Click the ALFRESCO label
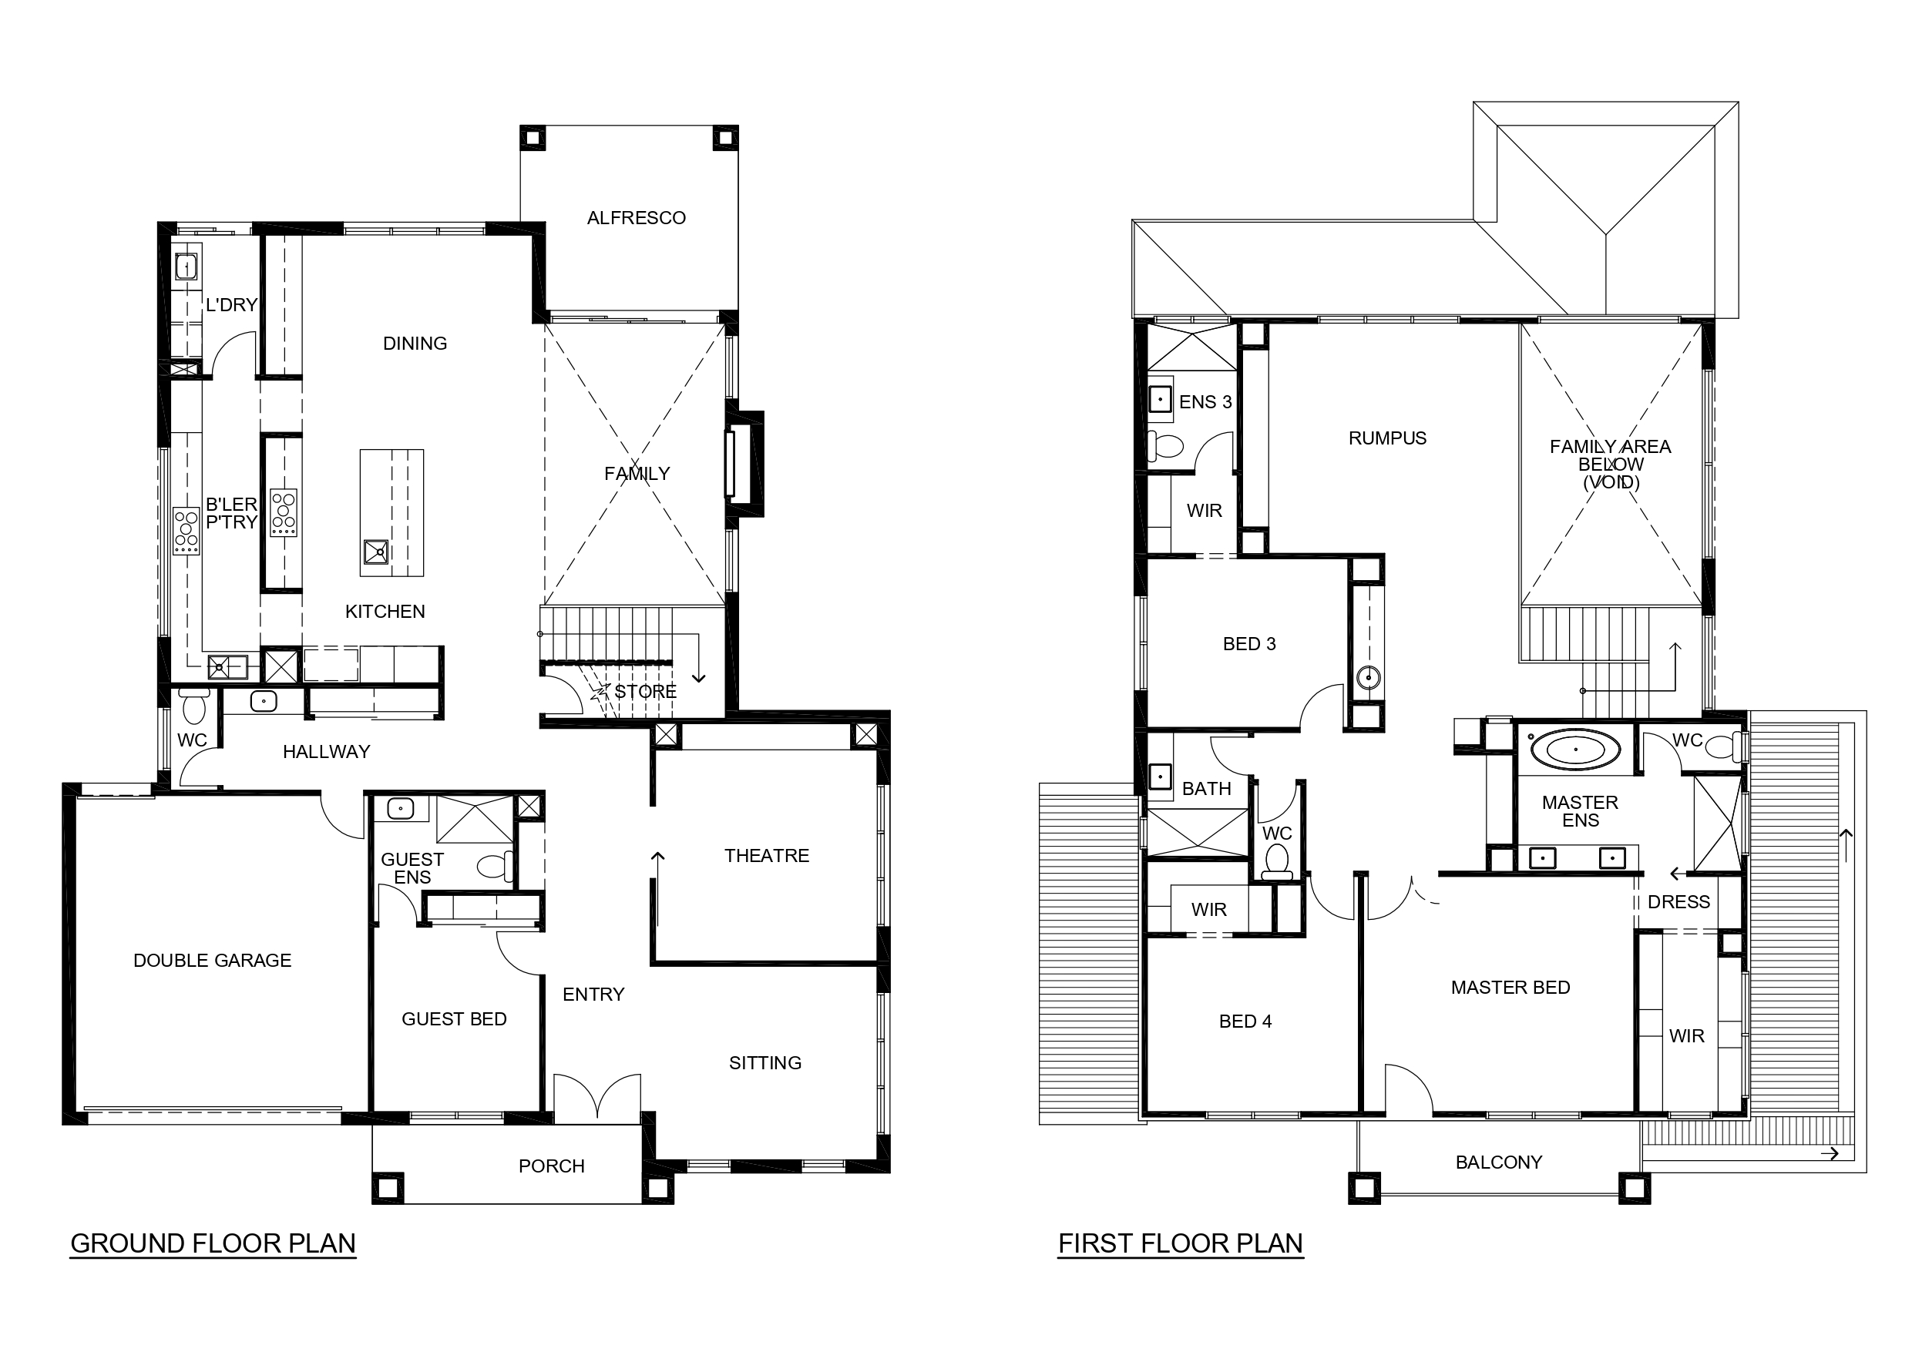click(637, 218)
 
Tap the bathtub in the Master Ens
click(1577, 750)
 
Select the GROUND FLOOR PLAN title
click(213, 1244)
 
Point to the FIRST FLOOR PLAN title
click(1180, 1244)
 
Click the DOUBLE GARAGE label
click(213, 961)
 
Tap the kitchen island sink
click(376, 552)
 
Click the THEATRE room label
click(767, 856)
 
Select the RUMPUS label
click(1387, 438)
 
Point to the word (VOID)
click(1611, 483)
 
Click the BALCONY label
click(1499, 1162)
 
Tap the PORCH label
click(551, 1166)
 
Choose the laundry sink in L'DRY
click(186, 267)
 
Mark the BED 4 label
click(1246, 1022)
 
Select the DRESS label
click(1678, 902)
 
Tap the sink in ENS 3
click(1161, 400)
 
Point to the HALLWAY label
click(327, 753)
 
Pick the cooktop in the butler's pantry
click(186, 531)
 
